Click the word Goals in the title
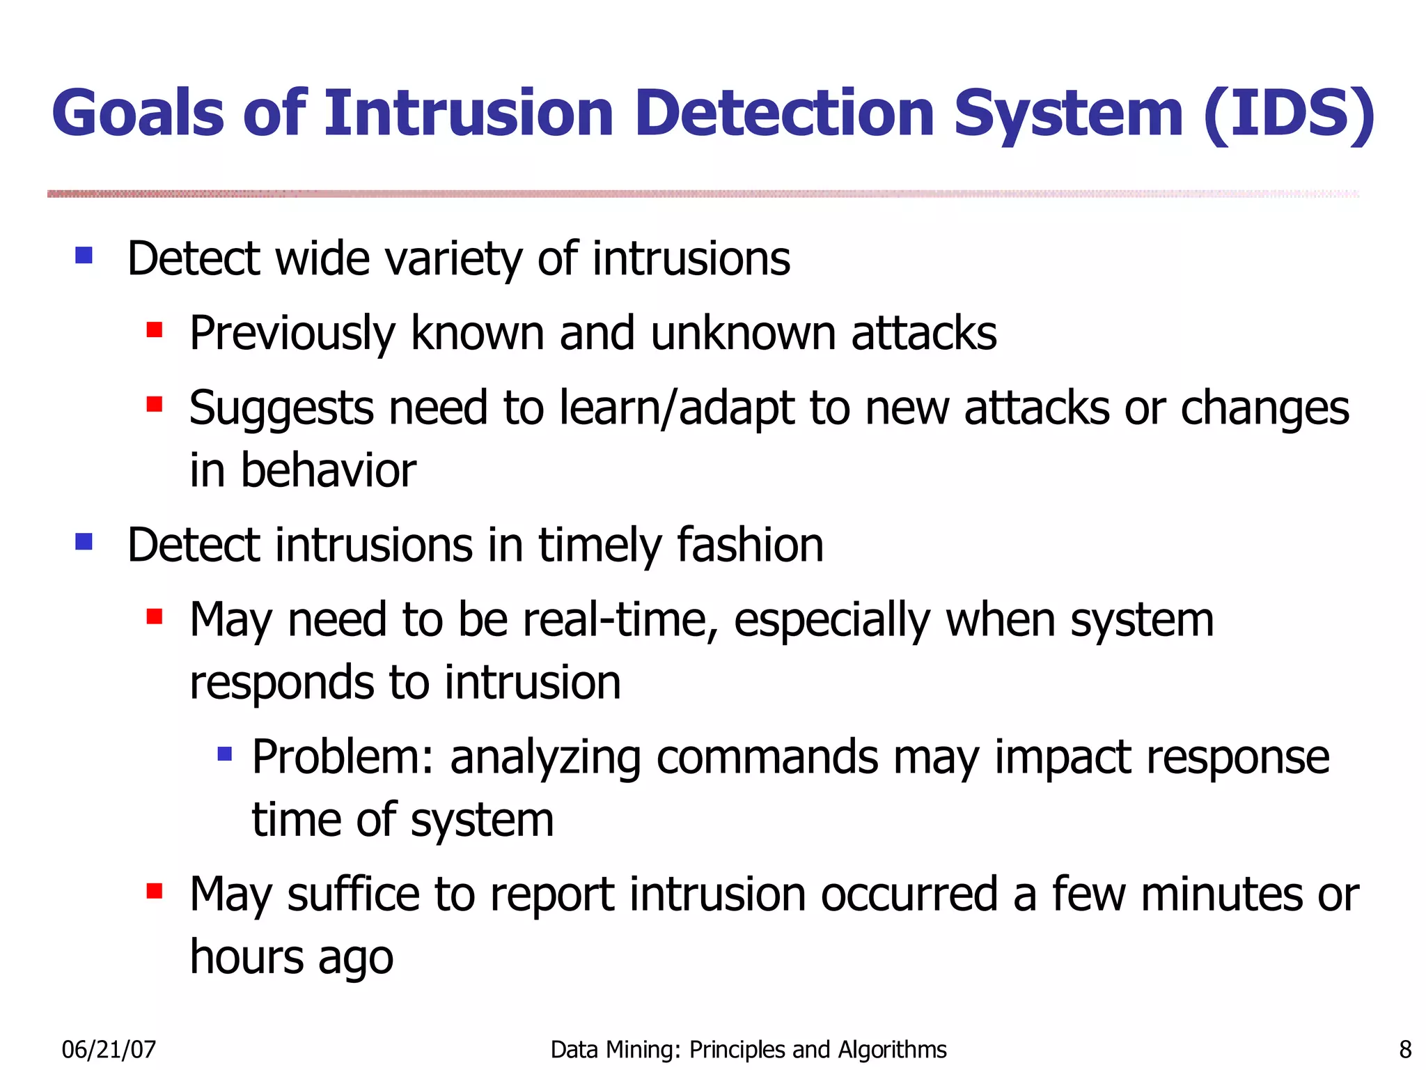click(138, 114)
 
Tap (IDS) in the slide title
click(1288, 114)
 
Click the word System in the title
click(1068, 114)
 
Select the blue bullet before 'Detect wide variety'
click(84, 255)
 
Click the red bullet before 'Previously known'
click(155, 329)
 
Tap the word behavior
click(328, 470)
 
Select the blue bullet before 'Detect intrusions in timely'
click(84, 541)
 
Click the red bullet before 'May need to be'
click(155, 616)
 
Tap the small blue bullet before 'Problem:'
click(224, 754)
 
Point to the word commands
click(767, 758)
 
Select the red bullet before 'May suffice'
click(155, 891)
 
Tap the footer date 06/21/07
click(109, 1049)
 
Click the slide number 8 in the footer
click(1405, 1049)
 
